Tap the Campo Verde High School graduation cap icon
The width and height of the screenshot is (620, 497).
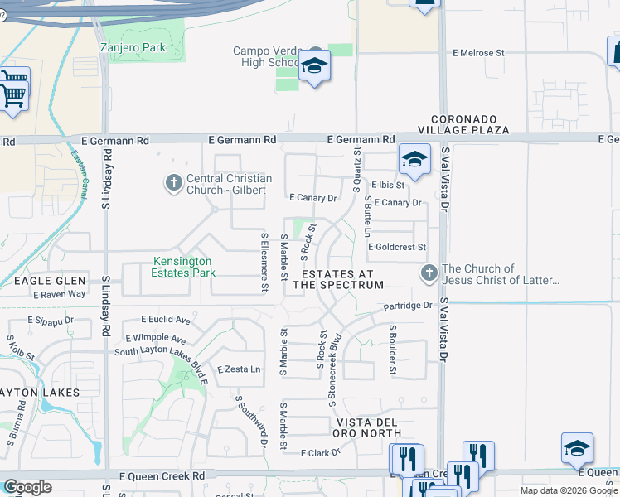314,66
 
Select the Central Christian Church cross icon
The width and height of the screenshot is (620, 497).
173,182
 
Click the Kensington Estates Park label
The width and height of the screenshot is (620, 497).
183,267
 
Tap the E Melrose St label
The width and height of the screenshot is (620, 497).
477,53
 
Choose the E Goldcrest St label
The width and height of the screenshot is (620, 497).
396,247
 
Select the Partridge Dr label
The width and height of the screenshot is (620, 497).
408,306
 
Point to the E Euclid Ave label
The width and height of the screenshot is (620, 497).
166,320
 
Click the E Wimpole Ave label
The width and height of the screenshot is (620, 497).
155,338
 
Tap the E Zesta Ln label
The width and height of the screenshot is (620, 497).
239,369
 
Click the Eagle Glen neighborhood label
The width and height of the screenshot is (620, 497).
46,281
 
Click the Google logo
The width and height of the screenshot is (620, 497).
27,486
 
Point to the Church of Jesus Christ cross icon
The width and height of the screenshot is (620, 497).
429,273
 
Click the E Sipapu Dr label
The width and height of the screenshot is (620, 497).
51,320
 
